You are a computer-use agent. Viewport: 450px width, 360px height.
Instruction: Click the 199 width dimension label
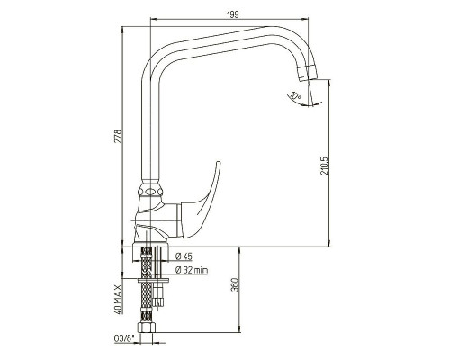[x=233, y=14]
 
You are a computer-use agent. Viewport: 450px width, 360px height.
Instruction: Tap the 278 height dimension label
[x=118, y=136]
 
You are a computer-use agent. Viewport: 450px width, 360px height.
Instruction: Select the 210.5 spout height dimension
[x=325, y=166]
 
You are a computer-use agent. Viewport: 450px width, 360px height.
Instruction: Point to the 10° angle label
[x=296, y=97]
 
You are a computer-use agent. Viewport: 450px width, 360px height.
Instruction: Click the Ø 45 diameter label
[x=184, y=256]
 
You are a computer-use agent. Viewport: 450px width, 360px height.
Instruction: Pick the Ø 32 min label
[x=192, y=270]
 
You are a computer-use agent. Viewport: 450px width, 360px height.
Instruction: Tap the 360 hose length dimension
[x=235, y=285]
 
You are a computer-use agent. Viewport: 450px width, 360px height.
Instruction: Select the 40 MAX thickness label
[x=118, y=300]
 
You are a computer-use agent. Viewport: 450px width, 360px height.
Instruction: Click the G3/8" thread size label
[x=123, y=338]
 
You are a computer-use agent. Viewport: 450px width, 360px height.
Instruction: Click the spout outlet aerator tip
[x=307, y=72]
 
